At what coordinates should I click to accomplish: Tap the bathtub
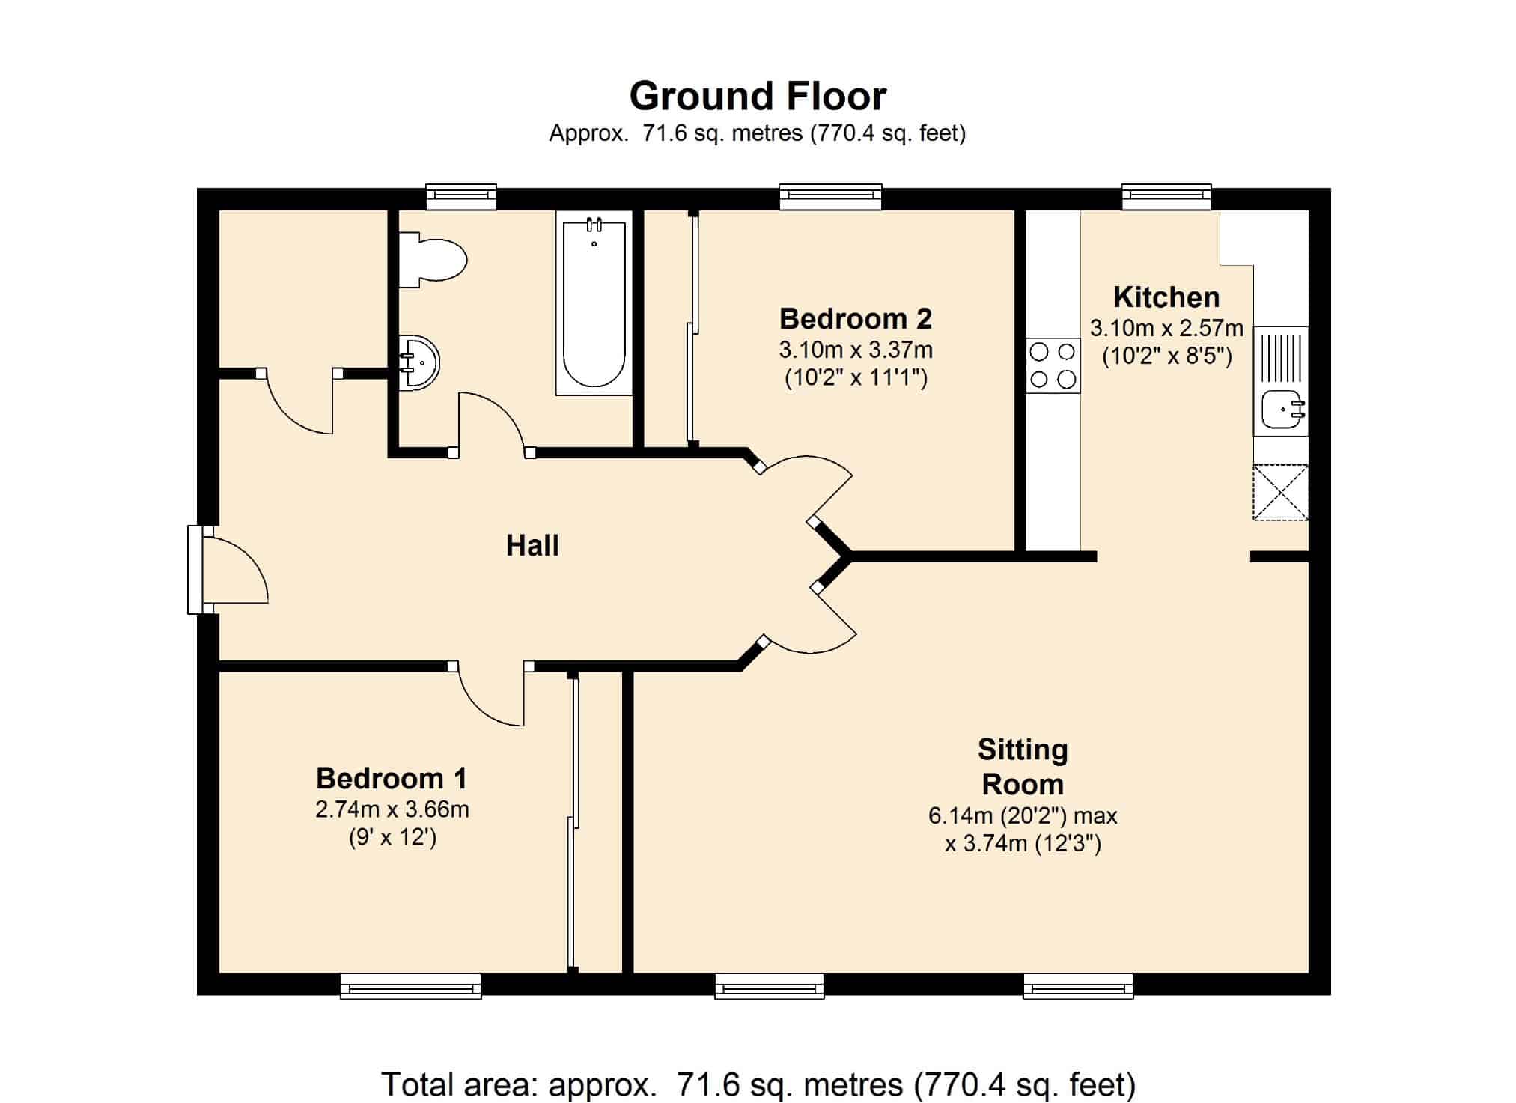coord(594,303)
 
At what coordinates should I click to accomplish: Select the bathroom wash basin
coord(418,363)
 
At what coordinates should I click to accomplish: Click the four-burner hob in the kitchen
coord(1053,365)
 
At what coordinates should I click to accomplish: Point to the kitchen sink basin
coord(1282,411)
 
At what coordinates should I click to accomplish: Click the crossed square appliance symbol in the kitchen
coord(1281,492)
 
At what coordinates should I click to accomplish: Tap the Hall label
coord(532,545)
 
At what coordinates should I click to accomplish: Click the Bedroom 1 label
coord(392,778)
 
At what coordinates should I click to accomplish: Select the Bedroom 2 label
coord(856,318)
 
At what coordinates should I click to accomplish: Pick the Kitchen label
coord(1166,297)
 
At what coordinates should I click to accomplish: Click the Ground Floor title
coord(758,96)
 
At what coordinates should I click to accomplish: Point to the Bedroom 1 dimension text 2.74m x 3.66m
coord(392,809)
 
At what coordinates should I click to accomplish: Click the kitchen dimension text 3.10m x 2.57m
coord(1166,328)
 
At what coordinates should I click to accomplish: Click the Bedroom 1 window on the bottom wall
coord(411,985)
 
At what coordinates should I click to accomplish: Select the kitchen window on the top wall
coord(1166,196)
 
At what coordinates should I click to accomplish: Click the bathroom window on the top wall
coord(461,196)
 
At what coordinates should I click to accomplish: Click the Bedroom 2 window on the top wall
coord(830,196)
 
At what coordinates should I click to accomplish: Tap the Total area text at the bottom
coord(758,1084)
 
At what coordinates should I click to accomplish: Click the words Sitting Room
coord(1023,767)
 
